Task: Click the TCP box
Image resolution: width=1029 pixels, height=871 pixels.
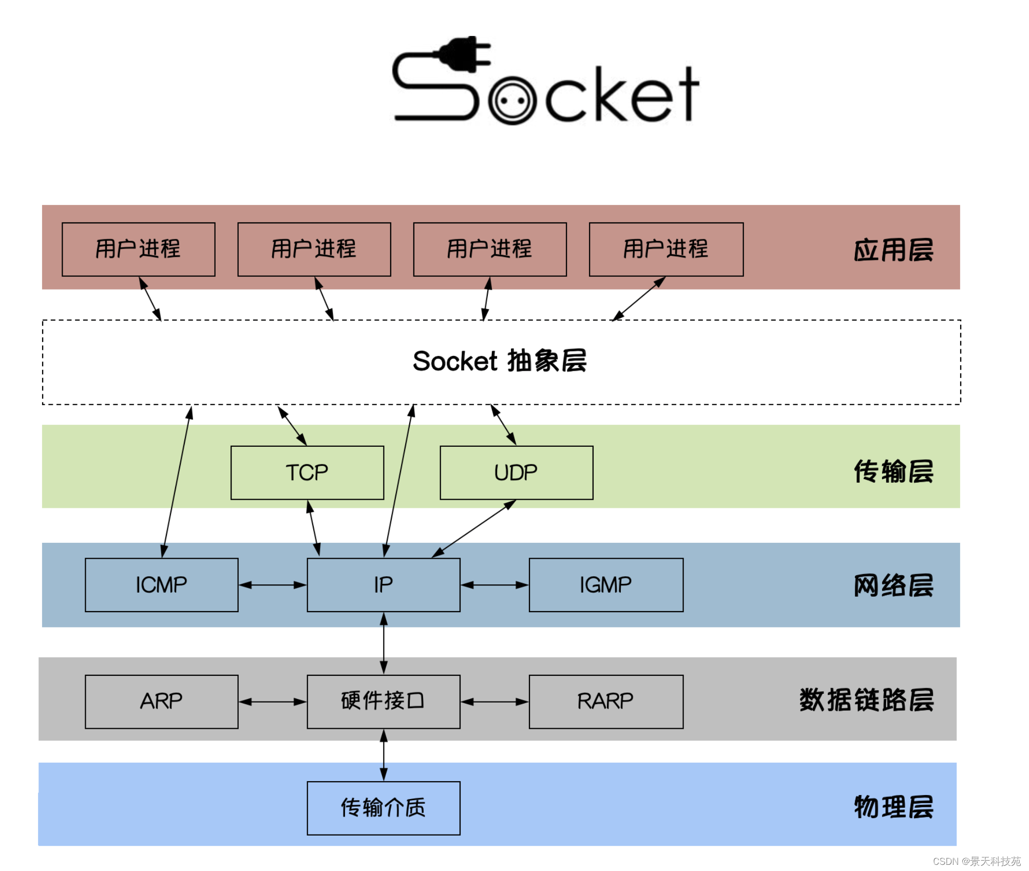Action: pos(307,472)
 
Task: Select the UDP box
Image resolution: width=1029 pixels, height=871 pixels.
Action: pos(517,472)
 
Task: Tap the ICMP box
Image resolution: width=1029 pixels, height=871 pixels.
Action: pos(162,585)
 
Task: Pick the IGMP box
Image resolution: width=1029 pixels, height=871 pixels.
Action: pos(606,585)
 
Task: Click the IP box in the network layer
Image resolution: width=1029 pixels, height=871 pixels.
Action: pos(384,585)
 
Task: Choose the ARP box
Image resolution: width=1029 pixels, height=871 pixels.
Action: pos(162,702)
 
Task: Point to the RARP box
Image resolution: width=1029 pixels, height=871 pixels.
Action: pos(606,702)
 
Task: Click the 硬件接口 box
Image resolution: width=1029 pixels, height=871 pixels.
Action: pos(384,702)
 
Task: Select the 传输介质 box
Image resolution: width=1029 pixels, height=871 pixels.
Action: pos(384,808)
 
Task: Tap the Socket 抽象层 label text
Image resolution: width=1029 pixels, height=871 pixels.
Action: pos(500,361)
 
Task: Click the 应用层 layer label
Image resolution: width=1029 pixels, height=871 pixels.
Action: pos(893,250)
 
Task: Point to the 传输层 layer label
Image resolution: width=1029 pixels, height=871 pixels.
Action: pos(893,471)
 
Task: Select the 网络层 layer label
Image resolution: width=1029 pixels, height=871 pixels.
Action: pos(893,585)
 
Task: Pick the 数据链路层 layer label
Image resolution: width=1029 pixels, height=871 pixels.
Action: pos(866,700)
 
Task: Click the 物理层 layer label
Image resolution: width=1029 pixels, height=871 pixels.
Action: pos(893,807)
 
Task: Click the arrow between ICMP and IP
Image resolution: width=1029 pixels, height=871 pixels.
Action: pos(273,585)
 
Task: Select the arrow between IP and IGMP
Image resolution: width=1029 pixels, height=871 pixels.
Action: pos(494,585)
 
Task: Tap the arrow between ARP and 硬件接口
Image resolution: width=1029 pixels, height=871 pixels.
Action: pos(273,702)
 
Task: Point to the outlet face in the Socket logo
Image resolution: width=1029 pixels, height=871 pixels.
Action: pos(512,100)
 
